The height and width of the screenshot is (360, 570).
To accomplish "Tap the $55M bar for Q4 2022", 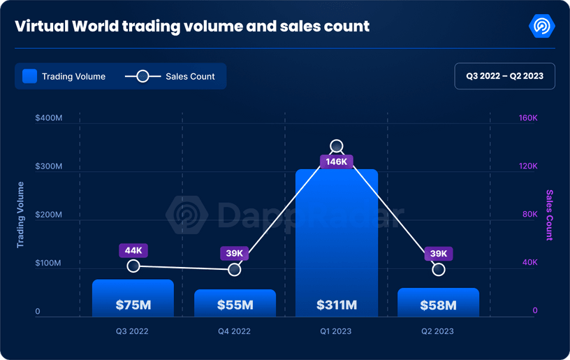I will [235, 303].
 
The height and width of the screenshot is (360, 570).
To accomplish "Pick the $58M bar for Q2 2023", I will [438, 302].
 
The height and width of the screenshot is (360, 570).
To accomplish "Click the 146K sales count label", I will [337, 161].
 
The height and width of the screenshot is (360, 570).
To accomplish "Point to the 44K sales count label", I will [133, 251].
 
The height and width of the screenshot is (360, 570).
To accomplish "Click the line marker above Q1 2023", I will [337, 146].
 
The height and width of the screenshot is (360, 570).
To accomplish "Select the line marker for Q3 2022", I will [133, 266].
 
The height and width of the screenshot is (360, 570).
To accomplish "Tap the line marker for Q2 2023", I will [439, 269].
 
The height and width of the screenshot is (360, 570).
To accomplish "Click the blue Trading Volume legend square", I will [29, 76].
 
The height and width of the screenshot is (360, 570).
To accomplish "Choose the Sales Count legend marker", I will [142, 76].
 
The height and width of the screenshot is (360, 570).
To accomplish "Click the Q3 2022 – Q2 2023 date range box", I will [504, 76].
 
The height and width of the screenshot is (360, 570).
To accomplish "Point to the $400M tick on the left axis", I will [49, 118].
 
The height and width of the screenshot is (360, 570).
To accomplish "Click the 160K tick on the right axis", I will [527, 118].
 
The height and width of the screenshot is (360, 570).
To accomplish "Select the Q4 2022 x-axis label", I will [235, 331].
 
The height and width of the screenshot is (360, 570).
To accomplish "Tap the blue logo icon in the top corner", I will [542, 27].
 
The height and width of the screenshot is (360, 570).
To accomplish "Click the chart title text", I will [192, 27].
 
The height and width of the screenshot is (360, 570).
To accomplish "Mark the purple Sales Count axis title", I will [549, 215].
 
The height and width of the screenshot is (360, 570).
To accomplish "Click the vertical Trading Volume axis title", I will [20, 215].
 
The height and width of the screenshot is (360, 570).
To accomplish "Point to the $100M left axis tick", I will [49, 264].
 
